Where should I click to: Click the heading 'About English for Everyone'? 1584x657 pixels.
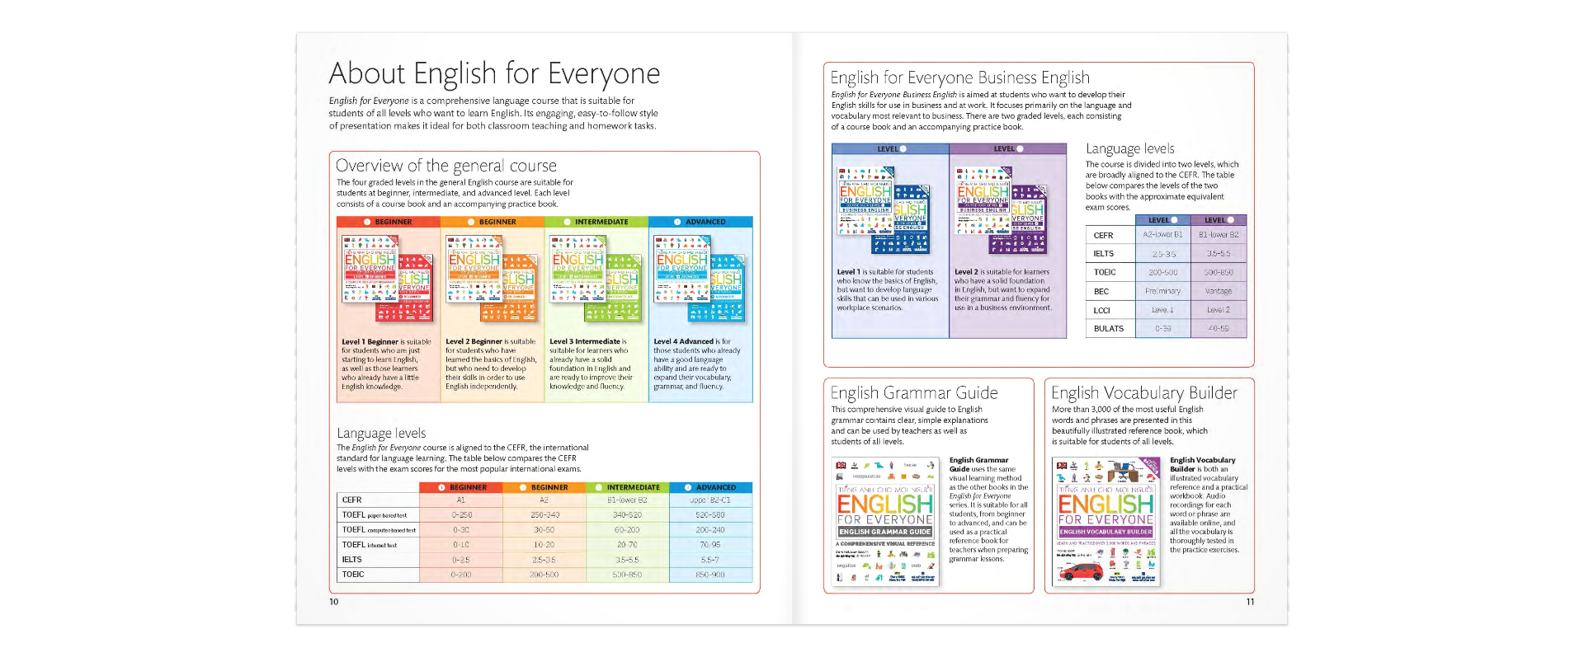(x=493, y=74)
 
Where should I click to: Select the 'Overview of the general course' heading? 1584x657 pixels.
(x=445, y=166)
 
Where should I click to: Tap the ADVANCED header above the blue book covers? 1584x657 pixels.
(x=700, y=222)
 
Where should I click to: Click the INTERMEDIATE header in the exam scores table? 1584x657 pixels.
(x=628, y=487)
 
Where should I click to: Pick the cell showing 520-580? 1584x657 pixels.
(x=709, y=514)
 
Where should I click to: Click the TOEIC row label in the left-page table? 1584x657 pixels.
(x=353, y=575)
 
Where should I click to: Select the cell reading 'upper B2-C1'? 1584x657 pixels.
(x=709, y=500)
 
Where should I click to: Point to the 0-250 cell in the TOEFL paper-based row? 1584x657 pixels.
(x=461, y=514)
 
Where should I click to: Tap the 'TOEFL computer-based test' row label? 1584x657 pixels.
(x=379, y=530)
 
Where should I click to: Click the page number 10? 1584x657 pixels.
(x=334, y=602)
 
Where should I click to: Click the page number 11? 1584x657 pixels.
(x=1250, y=602)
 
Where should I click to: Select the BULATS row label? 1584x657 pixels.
(x=1108, y=328)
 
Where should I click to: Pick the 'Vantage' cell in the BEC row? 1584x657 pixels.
(x=1218, y=291)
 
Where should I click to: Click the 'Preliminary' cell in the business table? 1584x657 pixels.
(x=1162, y=291)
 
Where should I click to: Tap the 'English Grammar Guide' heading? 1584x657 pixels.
(x=913, y=393)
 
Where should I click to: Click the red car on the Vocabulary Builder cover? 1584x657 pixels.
(x=1080, y=571)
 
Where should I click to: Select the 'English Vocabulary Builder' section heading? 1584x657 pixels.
(x=1143, y=393)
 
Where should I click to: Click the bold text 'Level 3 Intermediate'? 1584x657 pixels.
(x=585, y=341)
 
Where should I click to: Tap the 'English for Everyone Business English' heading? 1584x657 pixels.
(x=959, y=78)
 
